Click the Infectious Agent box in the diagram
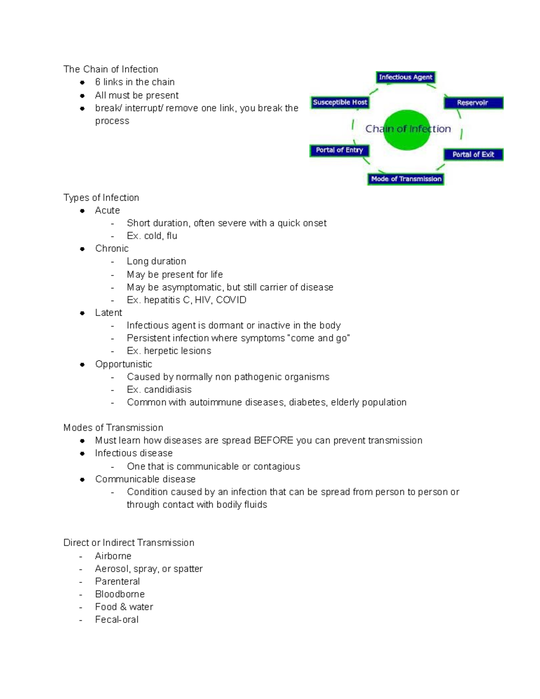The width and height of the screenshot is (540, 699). coord(405,77)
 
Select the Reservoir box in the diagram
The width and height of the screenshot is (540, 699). coord(473,103)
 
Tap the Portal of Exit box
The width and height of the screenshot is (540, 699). coord(473,154)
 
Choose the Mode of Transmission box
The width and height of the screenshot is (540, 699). coord(406,179)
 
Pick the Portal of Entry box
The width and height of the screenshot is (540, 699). coord(339,150)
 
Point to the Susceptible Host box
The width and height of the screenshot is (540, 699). coord(340,102)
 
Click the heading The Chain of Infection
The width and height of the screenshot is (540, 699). coord(111,69)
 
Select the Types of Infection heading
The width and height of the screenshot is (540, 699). coord(101,198)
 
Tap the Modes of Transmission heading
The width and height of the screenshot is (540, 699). coord(113,428)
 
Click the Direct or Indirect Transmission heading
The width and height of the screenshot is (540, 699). coord(129,543)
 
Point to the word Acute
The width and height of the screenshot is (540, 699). coord(107,210)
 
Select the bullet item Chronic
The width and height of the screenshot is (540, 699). coord(112,248)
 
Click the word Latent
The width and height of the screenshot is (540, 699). coord(108,313)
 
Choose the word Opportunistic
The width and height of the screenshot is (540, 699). coord(123,364)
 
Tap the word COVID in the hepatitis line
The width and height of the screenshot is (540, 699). coord(231,300)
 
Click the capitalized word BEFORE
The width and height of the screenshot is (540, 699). coord(274,441)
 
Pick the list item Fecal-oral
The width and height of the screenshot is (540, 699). coord(117,620)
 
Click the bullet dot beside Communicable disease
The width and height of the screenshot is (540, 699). coord(82,480)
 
